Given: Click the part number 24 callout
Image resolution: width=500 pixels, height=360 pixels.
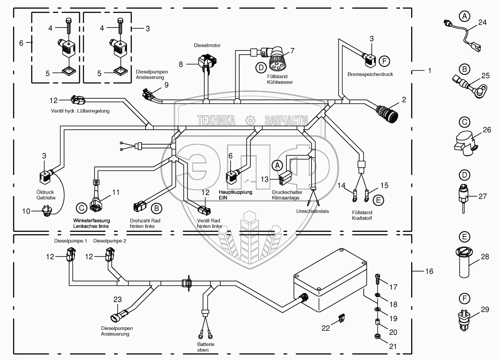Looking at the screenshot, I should click(482, 23).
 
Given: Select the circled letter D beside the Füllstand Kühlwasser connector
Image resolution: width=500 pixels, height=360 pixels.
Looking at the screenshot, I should click(260, 68).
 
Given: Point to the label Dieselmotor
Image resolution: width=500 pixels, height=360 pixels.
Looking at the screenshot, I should click(207, 46).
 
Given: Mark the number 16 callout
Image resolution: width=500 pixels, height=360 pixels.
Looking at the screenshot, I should click(429, 271).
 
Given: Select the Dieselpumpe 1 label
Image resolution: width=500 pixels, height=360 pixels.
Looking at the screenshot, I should click(70, 241).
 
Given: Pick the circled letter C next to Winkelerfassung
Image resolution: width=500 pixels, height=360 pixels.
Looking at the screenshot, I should click(81, 208).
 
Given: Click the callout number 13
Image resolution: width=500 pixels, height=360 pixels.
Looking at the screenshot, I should click(264, 179).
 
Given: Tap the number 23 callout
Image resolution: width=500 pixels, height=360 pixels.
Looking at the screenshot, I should click(118, 299).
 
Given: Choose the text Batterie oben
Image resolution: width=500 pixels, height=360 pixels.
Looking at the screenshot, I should click(206, 347).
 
